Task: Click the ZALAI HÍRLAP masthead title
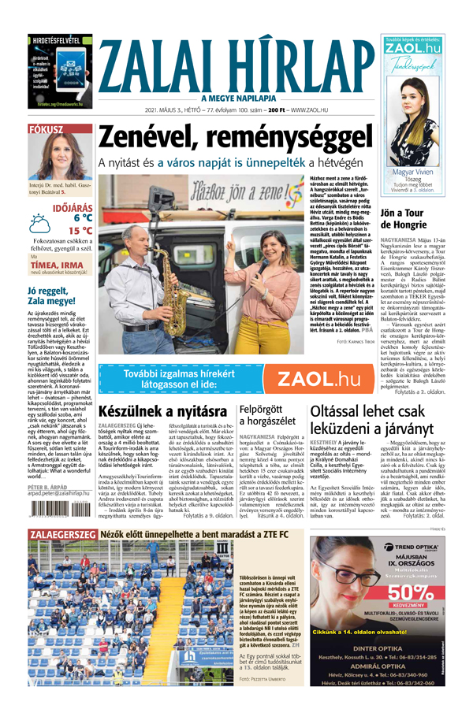[236, 62]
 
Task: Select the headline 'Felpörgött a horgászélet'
[265, 415]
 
